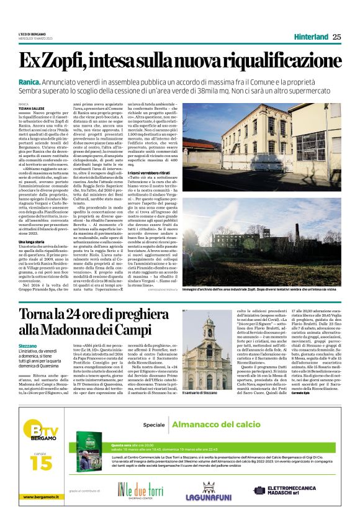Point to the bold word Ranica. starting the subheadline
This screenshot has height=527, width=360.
pos(30,82)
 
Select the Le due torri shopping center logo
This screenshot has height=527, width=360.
pos(149,492)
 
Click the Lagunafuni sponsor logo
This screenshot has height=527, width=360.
pos(217,492)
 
